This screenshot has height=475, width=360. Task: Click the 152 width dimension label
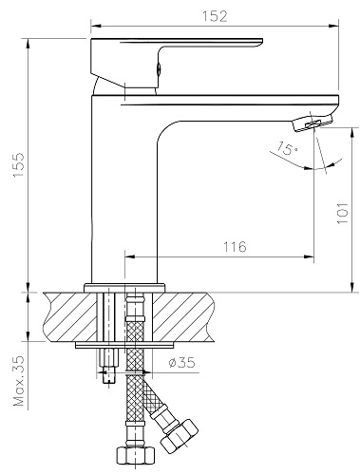(x=215, y=16)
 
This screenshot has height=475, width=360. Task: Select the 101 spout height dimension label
(x=342, y=213)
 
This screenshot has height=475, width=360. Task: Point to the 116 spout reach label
(x=235, y=247)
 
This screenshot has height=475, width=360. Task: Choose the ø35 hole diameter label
(x=181, y=362)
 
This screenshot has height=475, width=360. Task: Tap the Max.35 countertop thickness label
(x=18, y=381)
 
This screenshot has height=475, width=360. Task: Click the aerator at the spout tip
(x=313, y=123)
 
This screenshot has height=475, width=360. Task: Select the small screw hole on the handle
(x=160, y=68)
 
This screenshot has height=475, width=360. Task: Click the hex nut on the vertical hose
(x=135, y=456)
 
